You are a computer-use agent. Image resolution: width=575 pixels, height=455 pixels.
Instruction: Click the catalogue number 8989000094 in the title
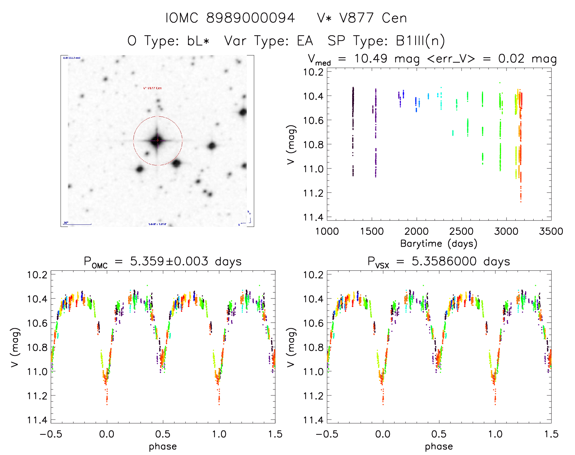click(250, 18)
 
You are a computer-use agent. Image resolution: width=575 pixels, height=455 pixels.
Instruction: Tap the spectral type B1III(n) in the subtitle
click(420, 41)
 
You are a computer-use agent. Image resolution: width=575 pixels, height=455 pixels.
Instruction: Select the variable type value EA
click(305, 41)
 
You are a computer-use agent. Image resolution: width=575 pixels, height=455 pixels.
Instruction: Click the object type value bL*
click(198, 41)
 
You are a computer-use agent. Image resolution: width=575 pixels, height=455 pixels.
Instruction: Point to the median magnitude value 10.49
click(370, 58)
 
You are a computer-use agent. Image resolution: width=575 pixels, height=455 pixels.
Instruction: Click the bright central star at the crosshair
click(157, 140)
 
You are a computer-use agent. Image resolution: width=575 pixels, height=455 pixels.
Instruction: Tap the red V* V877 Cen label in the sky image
click(153, 88)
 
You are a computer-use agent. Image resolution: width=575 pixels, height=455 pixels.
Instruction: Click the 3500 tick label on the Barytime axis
click(551, 231)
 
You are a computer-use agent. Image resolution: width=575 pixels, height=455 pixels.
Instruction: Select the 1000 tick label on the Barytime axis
click(327, 231)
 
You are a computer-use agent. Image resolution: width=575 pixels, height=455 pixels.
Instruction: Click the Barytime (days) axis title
click(439, 243)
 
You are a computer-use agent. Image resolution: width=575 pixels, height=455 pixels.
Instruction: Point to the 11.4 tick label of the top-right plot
click(313, 217)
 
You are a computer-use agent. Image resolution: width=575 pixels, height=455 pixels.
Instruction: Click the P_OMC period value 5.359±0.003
click(169, 261)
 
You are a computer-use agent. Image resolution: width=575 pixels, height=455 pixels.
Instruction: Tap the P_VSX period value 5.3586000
click(444, 261)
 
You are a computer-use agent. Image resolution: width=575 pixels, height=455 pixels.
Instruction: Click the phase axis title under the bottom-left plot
click(163, 446)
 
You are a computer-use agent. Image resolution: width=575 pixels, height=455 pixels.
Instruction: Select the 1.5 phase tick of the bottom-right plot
click(551, 434)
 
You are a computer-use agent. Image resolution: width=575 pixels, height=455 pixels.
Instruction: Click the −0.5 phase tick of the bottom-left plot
click(51, 434)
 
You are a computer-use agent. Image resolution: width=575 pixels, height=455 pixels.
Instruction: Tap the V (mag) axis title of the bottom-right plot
click(291, 347)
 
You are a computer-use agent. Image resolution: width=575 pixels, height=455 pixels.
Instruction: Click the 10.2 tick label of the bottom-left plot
click(37, 275)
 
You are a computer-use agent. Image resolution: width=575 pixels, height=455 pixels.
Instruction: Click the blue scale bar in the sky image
click(77, 224)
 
